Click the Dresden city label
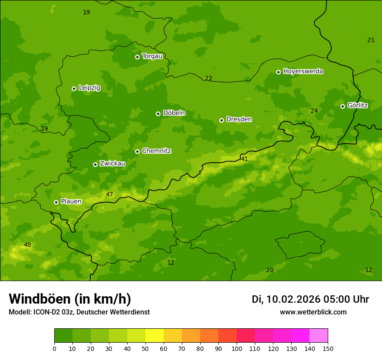(239, 119)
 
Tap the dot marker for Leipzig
(74, 88)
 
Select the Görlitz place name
(357, 105)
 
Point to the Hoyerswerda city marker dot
(279, 72)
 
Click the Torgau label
(152, 56)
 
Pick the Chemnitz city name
(156, 151)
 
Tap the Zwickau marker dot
(95, 164)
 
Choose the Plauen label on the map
(71, 202)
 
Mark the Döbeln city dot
(158, 114)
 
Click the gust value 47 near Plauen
(109, 194)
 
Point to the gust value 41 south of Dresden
(244, 159)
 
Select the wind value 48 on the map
(27, 245)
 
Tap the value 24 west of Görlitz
(314, 111)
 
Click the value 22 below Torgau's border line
(209, 79)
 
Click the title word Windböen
(40, 299)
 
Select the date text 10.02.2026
(293, 299)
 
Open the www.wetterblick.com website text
(313, 312)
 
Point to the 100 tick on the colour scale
(237, 348)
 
